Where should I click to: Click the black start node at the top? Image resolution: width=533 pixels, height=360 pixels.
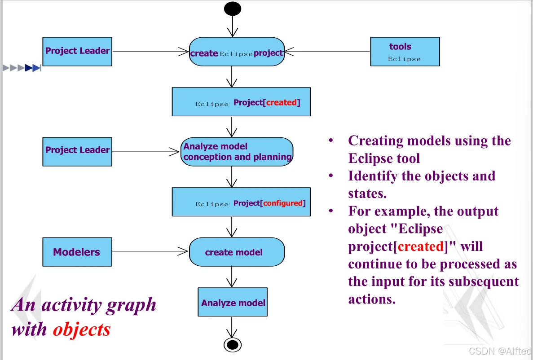(x=233, y=9)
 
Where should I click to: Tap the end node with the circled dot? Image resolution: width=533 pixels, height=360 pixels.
(x=232, y=344)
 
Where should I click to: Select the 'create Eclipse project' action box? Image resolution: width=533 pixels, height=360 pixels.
(x=237, y=52)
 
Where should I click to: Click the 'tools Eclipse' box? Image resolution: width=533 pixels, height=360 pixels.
(x=405, y=52)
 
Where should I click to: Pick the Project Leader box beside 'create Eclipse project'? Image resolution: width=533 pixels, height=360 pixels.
(x=77, y=52)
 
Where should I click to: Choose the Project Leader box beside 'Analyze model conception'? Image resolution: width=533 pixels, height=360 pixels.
(x=77, y=151)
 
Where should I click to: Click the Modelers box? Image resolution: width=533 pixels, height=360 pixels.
(x=77, y=252)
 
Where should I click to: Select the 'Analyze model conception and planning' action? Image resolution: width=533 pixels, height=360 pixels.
(x=237, y=152)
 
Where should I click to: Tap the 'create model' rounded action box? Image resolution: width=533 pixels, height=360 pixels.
(x=237, y=252)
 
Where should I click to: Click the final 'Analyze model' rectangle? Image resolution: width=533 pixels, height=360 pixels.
(x=233, y=303)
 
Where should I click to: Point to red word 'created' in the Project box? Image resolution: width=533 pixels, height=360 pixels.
(x=281, y=103)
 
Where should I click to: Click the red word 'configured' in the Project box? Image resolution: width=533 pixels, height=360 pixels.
(x=283, y=203)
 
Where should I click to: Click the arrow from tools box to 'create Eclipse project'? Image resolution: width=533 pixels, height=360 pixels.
(x=327, y=52)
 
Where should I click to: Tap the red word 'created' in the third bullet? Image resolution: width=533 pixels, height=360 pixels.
(x=421, y=247)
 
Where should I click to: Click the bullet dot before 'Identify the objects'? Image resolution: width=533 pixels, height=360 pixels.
(x=331, y=176)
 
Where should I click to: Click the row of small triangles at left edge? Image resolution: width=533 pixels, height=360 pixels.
(x=22, y=68)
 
